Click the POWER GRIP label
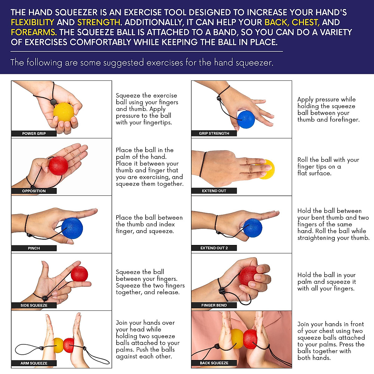(x=34, y=133)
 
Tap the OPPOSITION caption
(x=34, y=191)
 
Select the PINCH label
(x=34, y=248)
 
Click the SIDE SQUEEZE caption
(x=34, y=305)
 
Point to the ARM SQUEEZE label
(x=34, y=363)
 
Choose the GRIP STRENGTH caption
(x=214, y=133)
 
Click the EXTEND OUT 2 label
(x=214, y=248)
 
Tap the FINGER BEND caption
(x=214, y=305)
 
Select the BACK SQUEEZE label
(x=214, y=363)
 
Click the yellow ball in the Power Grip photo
(x=64, y=113)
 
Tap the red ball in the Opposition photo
(x=58, y=165)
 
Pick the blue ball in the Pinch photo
(x=72, y=228)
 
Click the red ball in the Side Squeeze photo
(x=79, y=274)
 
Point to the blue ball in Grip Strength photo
(x=246, y=120)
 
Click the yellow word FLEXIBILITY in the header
(x=32, y=22)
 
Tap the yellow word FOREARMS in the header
(x=34, y=32)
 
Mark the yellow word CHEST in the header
(x=305, y=22)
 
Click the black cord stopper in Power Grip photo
(x=53, y=102)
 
